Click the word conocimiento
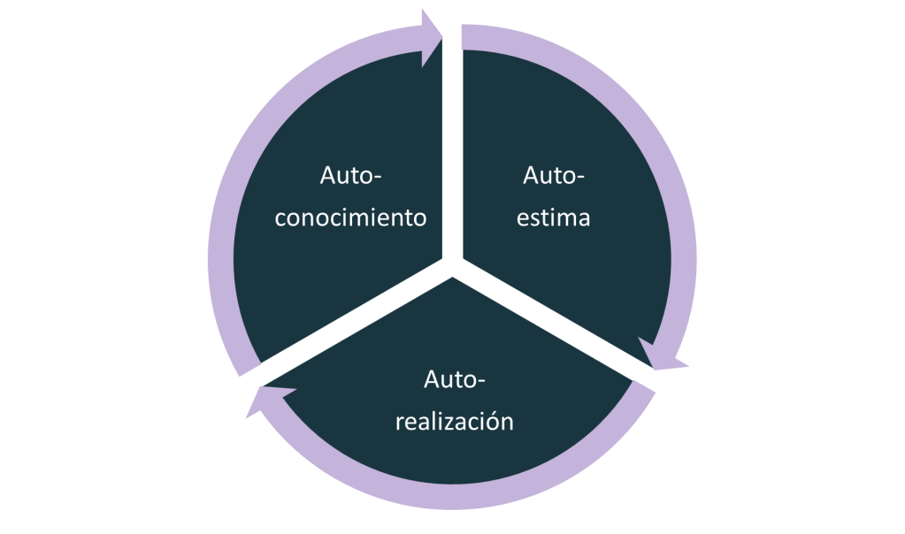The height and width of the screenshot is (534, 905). [x=351, y=217]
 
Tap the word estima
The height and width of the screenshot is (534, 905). [x=554, y=217]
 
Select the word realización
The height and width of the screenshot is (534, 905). [x=454, y=421]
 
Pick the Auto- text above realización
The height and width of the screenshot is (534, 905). [x=455, y=380]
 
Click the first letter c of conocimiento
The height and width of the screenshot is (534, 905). [x=281, y=218]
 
